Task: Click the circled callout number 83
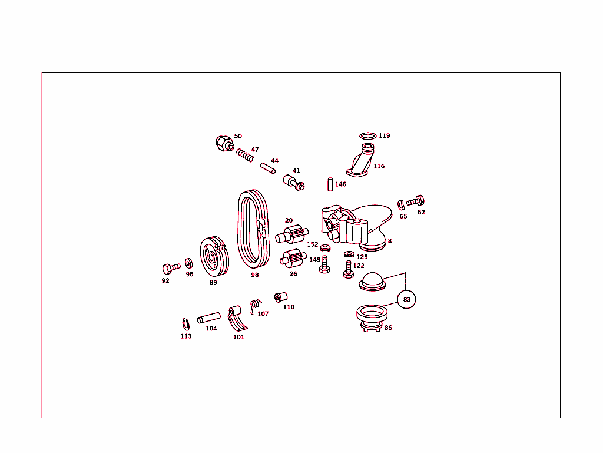point(406,300)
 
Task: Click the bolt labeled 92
point(170,269)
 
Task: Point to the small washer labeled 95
point(188,262)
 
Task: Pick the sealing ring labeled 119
point(367,136)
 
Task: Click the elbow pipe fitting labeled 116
point(361,161)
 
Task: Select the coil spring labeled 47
point(246,156)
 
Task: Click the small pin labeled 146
point(330,184)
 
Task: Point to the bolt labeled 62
point(416,201)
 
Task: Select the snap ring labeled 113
point(185,324)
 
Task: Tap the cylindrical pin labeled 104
point(208,318)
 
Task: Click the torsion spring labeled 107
point(254,306)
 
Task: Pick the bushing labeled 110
point(280,296)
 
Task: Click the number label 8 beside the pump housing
point(389,241)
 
